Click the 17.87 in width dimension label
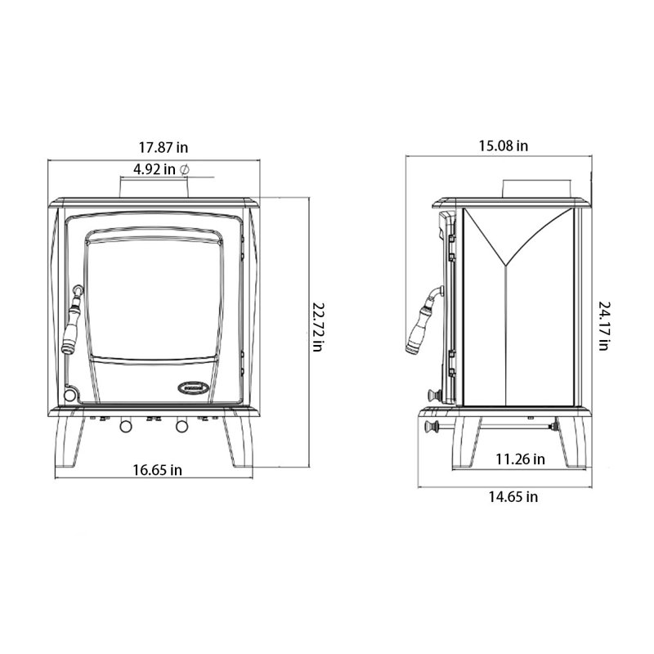coord(163,148)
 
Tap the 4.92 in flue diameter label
coord(155,169)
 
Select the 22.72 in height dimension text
coord(318,328)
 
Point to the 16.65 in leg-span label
coord(157,470)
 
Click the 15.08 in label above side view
coord(503,146)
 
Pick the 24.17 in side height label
coord(604,326)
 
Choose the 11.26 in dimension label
coord(520,459)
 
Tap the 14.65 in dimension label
coord(513,497)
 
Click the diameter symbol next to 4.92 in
coord(184,169)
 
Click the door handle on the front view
coord(72,320)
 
